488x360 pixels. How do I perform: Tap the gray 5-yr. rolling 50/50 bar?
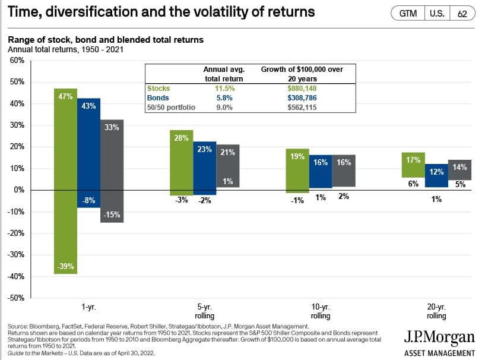[228, 166]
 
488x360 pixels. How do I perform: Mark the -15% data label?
[112, 214]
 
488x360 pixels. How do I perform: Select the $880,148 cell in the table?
[302, 89]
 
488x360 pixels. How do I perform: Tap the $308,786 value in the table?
[302, 98]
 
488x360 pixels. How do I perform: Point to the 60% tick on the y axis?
[16, 61]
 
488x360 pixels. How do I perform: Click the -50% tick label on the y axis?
[15, 298]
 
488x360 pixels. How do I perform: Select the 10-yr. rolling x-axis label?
[321, 311]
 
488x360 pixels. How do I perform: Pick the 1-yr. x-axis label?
[89, 308]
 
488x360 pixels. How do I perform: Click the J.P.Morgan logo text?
[439, 339]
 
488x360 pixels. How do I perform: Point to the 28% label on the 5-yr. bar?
[181, 138]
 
